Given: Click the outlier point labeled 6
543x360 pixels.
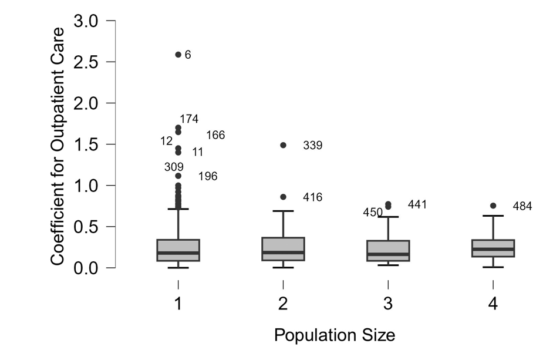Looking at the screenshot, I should coord(178,55).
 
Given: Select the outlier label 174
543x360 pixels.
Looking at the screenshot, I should coord(189,119).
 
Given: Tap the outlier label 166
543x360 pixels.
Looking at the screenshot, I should coord(215,135).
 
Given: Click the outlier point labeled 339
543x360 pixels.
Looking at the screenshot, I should coord(284,145).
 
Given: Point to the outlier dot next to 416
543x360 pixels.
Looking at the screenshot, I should coord(284,197).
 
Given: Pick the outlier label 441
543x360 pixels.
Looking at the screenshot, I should coord(417,204).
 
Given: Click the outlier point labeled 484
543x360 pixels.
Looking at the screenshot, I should coord(493,206).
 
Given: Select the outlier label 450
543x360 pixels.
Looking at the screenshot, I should coord(373,212).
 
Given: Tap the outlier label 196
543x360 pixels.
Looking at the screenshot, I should coord(208,176).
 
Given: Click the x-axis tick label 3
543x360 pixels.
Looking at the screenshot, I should coord(388,304).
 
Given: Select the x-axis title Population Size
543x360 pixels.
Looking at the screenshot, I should coord(335,335).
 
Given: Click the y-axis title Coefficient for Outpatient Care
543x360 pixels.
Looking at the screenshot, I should coord(57,144).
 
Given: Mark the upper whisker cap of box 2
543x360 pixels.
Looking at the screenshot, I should coord(284,211).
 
